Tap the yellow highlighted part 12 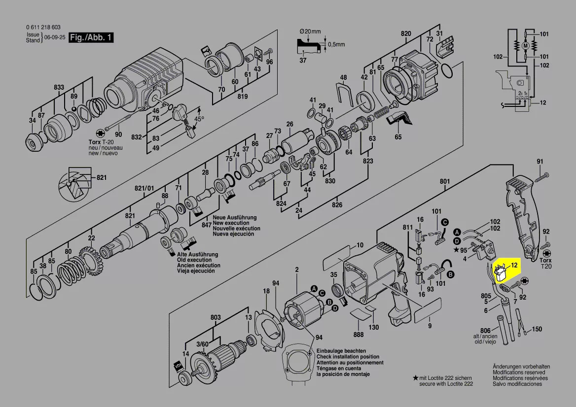(x=501, y=272)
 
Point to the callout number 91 (x=540, y=162)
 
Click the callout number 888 (x=359, y=335)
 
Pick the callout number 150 (x=537, y=329)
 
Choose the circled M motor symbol (x=526, y=45)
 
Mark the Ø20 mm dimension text (x=310, y=32)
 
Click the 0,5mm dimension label (x=336, y=44)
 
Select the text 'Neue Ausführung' (x=234, y=217)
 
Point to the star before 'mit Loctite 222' (x=415, y=377)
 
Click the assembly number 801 (x=445, y=181)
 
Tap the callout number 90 (x=118, y=135)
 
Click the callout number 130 (x=374, y=327)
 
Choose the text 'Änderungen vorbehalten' (x=521, y=367)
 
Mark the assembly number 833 (x=59, y=87)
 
